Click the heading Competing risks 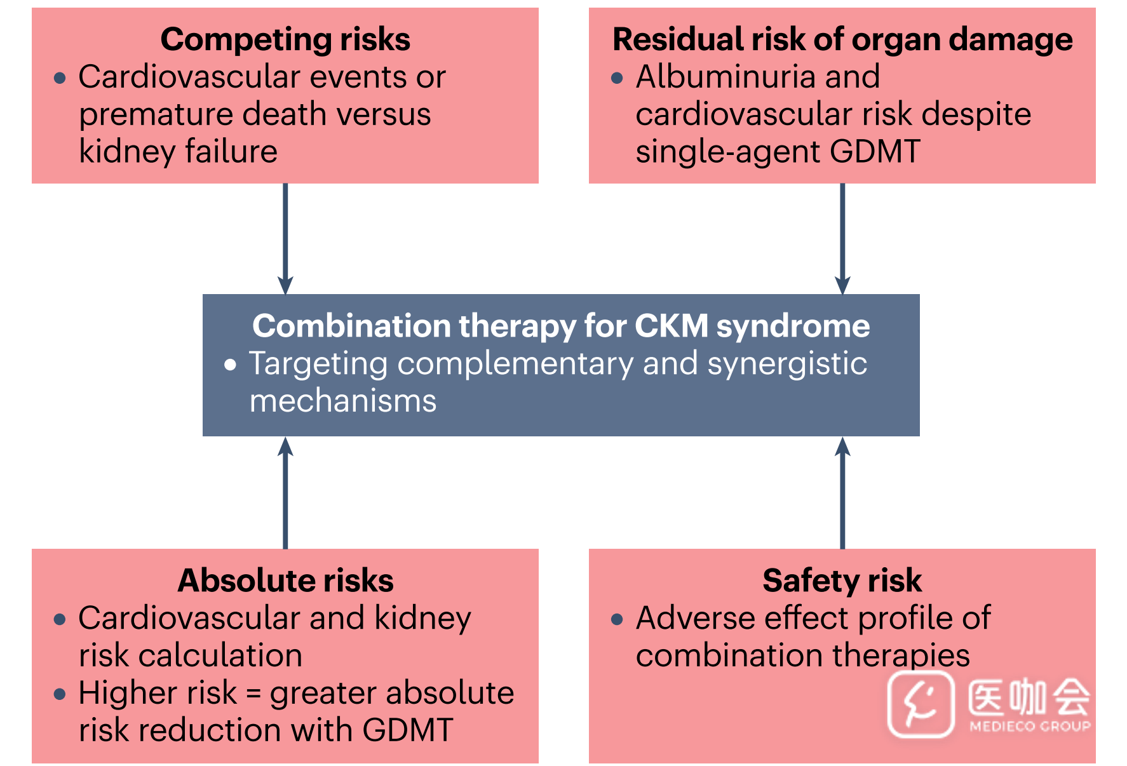coord(285,40)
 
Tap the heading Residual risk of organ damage coord(842,40)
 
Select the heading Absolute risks coord(285,581)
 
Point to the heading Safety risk coord(842,581)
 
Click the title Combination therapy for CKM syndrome coord(561,326)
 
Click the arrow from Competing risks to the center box coord(285,239)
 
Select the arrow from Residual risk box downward coord(842,239)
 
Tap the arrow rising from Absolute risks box coord(285,492)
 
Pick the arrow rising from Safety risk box coord(842,492)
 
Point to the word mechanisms coord(343,401)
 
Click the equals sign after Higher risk coord(253,694)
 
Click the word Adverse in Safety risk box coord(696,618)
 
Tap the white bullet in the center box coord(230,365)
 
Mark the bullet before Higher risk coord(60,694)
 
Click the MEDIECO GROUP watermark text coord(1030,726)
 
